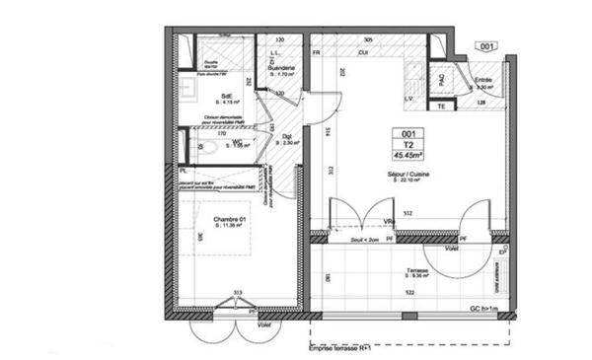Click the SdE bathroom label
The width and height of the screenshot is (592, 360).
click(225, 96)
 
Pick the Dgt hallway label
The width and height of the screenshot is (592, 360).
click(286, 136)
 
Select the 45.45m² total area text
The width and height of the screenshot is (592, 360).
click(408, 154)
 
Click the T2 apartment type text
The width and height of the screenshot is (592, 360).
click(408, 143)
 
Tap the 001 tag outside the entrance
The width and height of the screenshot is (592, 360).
click(486, 46)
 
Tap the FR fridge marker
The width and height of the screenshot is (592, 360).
click(317, 51)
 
